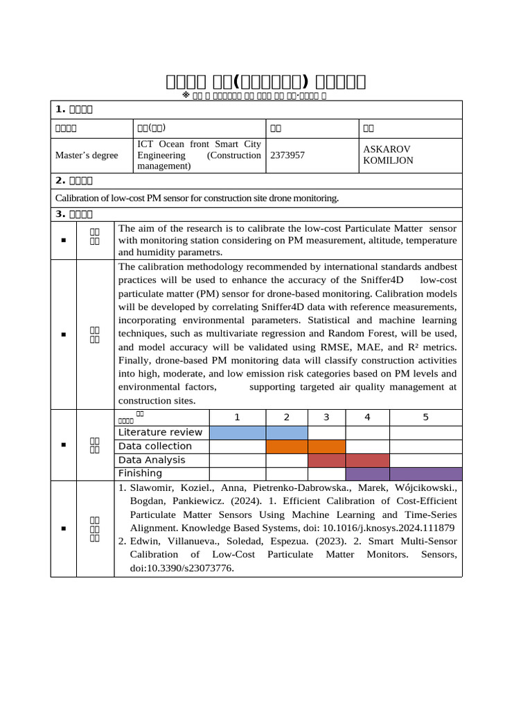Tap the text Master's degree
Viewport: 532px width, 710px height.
coord(87,155)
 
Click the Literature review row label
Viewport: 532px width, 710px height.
coord(161,433)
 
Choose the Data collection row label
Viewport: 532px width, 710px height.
coord(155,447)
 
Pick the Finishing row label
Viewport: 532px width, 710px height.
coord(140,474)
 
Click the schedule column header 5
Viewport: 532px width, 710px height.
coord(425,417)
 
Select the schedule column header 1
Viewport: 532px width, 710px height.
coord(237,417)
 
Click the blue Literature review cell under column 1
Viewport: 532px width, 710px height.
coord(237,433)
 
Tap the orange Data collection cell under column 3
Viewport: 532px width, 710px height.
coord(326,447)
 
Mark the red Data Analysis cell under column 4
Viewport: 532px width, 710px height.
coord(367,460)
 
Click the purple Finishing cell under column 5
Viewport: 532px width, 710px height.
coord(425,474)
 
